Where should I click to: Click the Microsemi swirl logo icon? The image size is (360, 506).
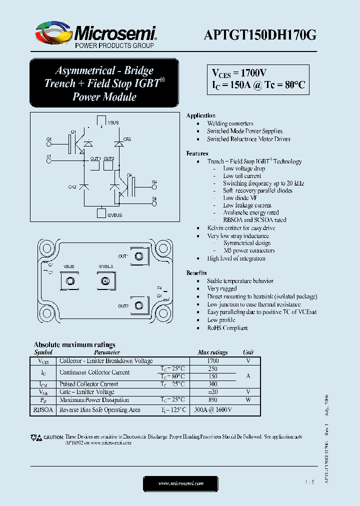51,32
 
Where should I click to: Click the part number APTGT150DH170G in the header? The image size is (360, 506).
260,35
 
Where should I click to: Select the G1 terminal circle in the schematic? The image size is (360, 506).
48,143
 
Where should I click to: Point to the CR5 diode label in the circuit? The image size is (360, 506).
127,139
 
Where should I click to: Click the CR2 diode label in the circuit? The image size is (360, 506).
72,186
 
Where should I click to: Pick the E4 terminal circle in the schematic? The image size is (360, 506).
154,203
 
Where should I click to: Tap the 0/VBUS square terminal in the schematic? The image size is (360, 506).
100,213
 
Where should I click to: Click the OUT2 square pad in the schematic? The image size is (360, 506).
108,164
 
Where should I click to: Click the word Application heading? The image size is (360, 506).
200,115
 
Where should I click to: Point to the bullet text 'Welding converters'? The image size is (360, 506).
230,123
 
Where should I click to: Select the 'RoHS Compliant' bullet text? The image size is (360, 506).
227,328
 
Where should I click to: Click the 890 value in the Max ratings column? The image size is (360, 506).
212,399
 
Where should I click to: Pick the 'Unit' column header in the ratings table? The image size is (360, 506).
248,352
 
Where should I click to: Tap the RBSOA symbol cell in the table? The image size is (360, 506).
43,409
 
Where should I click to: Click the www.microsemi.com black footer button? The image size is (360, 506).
180,483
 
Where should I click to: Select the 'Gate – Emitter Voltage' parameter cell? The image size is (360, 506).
86,392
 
